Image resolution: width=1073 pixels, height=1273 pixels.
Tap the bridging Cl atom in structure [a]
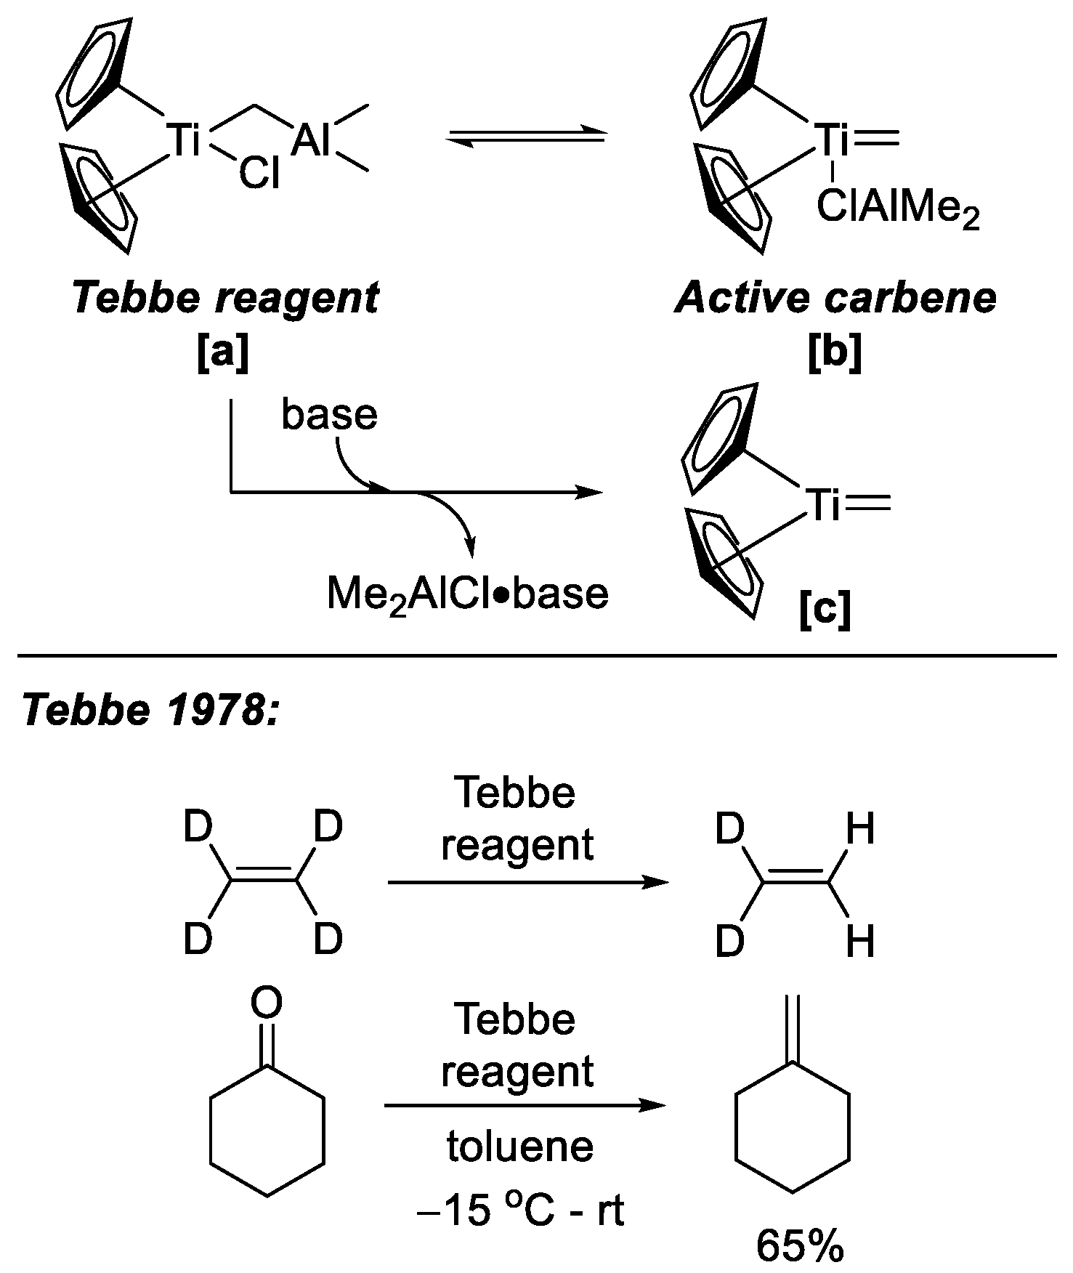click(259, 174)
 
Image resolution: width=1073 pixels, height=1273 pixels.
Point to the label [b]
click(835, 354)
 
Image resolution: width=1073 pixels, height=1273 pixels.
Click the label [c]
click(825, 611)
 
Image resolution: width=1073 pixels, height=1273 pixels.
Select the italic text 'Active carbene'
click(835, 299)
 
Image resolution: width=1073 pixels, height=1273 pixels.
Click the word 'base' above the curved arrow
click(330, 415)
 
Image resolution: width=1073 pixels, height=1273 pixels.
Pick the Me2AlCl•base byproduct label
click(467, 593)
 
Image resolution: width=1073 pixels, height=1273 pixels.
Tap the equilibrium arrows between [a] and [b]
click(525, 137)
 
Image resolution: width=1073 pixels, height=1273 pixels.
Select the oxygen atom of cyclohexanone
click(267, 1003)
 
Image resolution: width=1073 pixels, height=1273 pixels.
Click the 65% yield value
click(800, 1247)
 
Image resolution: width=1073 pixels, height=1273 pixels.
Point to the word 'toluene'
click(519, 1147)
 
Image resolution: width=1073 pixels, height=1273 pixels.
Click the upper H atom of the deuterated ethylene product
click(861, 829)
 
